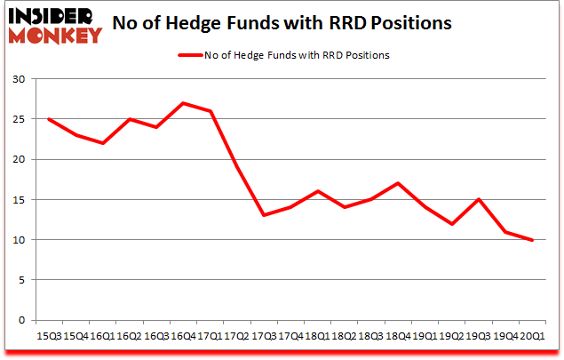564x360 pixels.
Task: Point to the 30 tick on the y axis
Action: tap(19, 79)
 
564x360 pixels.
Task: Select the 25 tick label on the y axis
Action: tap(19, 119)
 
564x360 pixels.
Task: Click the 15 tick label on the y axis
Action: tap(19, 200)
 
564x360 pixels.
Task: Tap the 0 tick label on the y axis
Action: tap(22, 320)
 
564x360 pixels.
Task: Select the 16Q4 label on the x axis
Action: tap(182, 335)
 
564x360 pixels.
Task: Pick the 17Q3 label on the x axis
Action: tap(262, 335)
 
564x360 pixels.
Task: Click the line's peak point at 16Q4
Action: tap(182, 103)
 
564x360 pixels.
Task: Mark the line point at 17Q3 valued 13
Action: tap(262, 215)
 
